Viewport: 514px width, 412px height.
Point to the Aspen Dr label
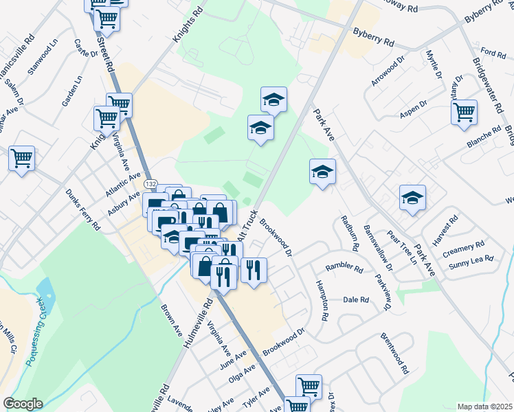tap(414, 113)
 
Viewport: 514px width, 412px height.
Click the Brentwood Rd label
tap(394, 354)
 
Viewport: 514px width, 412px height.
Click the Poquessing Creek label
tap(36, 330)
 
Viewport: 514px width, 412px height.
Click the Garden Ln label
tap(71, 91)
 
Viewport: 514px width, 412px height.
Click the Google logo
tap(23, 404)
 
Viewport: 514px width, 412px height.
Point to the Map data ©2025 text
tap(484, 407)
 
